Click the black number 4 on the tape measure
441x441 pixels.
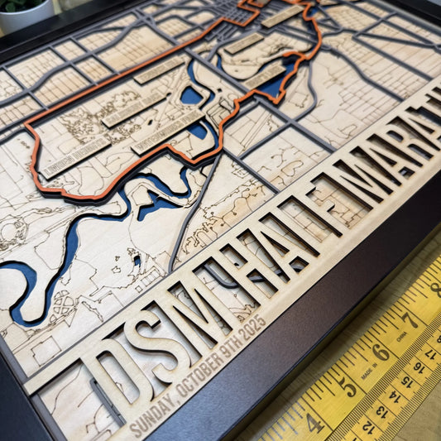pyautogui.click(x=315, y=423)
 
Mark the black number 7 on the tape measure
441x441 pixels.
pyautogui.click(x=406, y=319)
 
